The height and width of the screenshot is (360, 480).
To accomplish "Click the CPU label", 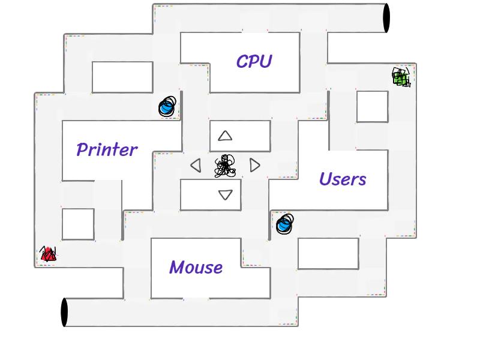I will coord(254,61).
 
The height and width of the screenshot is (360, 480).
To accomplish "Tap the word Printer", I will coord(107,149).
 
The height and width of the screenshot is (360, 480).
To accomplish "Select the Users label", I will coord(342,179).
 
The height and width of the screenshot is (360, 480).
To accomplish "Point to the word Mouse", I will coord(196,267).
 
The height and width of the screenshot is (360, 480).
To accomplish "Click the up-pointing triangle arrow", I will coord(225,136).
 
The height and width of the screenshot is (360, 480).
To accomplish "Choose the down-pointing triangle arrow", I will coord(225,195).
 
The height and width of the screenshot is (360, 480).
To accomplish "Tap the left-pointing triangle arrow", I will coord(196,165).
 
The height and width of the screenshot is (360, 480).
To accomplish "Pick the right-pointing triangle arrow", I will coord(255,165).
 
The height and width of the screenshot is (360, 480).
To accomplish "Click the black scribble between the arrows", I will coord(225,166).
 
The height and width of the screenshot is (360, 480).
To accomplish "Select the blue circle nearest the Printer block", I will coord(167,107).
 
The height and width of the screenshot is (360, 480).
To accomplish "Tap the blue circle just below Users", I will coord(284,224).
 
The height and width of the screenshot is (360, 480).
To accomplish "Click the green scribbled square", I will coord(401,77).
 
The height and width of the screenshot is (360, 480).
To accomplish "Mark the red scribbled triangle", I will coord(48,254).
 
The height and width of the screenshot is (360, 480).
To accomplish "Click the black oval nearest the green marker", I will coord(386,18).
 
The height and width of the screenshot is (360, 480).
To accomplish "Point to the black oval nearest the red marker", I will coord(65,312).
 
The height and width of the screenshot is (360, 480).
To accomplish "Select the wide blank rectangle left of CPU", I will coord(122,77).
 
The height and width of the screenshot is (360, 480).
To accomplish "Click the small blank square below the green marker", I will coord(372,106).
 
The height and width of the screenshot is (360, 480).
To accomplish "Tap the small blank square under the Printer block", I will coord(78,224).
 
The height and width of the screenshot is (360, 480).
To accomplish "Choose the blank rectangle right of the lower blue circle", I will coord(328,253).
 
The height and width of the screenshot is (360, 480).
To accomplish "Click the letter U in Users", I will coord(326,178).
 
